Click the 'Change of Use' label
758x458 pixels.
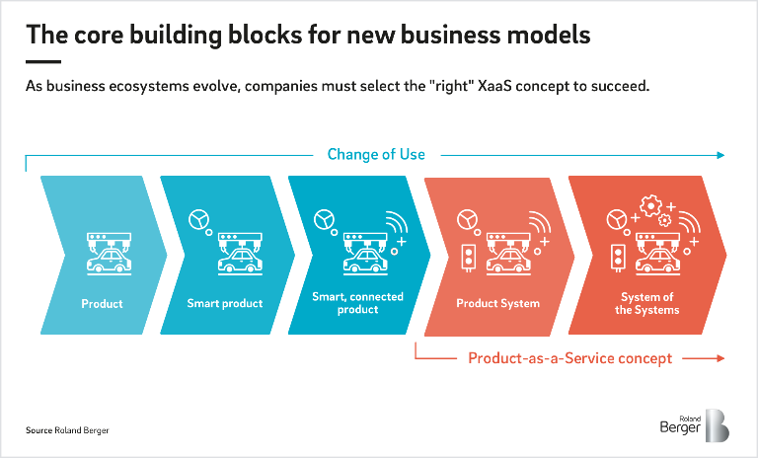pos(376,154)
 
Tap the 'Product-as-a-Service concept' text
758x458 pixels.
pos(569,358)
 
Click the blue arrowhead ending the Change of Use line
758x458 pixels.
pos(720,155)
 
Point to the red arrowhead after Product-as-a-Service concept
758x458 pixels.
pos(720,358)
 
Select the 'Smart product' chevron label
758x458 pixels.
pos(225,303)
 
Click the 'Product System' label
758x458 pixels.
pos(497,303)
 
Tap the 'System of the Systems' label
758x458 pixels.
pos(646,303)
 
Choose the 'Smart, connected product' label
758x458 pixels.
pos(357,303)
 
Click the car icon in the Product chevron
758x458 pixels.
pos(110,263)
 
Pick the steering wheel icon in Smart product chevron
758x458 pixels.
pos(198,219)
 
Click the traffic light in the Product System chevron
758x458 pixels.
pos(468,257)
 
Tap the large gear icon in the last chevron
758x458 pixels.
pos(650,206)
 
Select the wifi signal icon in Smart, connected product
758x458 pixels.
pos(397,222)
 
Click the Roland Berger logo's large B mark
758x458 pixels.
pos(718,425)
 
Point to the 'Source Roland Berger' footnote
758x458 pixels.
pos(67,430)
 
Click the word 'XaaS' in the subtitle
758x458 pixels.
pos(494,86)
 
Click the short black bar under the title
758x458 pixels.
pos(43,62)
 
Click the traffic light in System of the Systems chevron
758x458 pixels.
pos(618,257)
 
